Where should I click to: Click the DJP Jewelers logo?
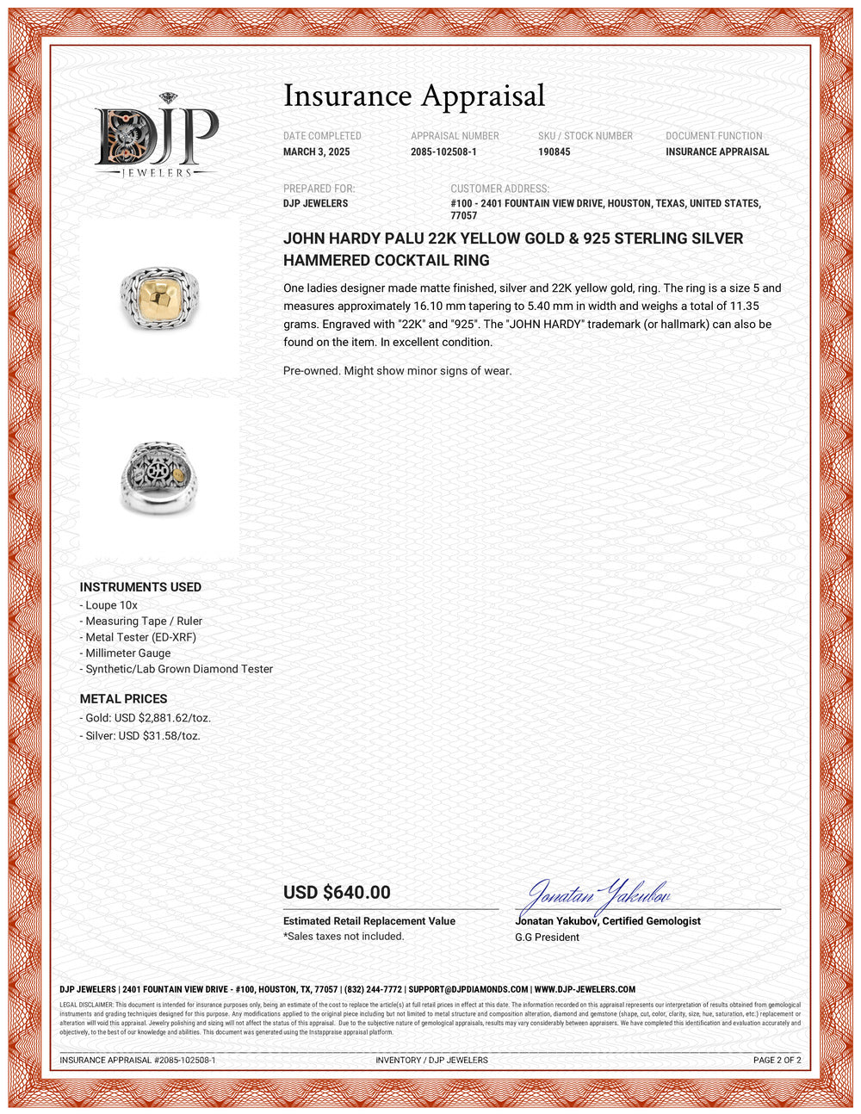tap(156, 136)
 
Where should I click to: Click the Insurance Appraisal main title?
tap(414, 96)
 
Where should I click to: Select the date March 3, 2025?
tap(317, 152)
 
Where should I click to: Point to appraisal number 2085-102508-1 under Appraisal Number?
tap(443, 152)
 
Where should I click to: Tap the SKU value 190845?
tap(554, 152)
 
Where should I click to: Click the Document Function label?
tap(714, 136)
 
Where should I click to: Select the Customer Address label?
tap(499, 189)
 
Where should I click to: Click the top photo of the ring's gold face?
tap(159, 297)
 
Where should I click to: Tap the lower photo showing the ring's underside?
tap(159, 478)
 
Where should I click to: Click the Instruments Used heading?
tap(140, 587)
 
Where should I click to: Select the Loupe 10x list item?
tap(111, 605)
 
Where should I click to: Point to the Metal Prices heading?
tap(123, 699)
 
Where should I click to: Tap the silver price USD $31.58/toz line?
tap(143, 736)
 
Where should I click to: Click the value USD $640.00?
tap(337, 893)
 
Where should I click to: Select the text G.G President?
tap(547, 938)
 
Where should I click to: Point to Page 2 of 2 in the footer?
tap(777, 1061)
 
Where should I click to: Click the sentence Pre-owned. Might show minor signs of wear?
tap(397, 371)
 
